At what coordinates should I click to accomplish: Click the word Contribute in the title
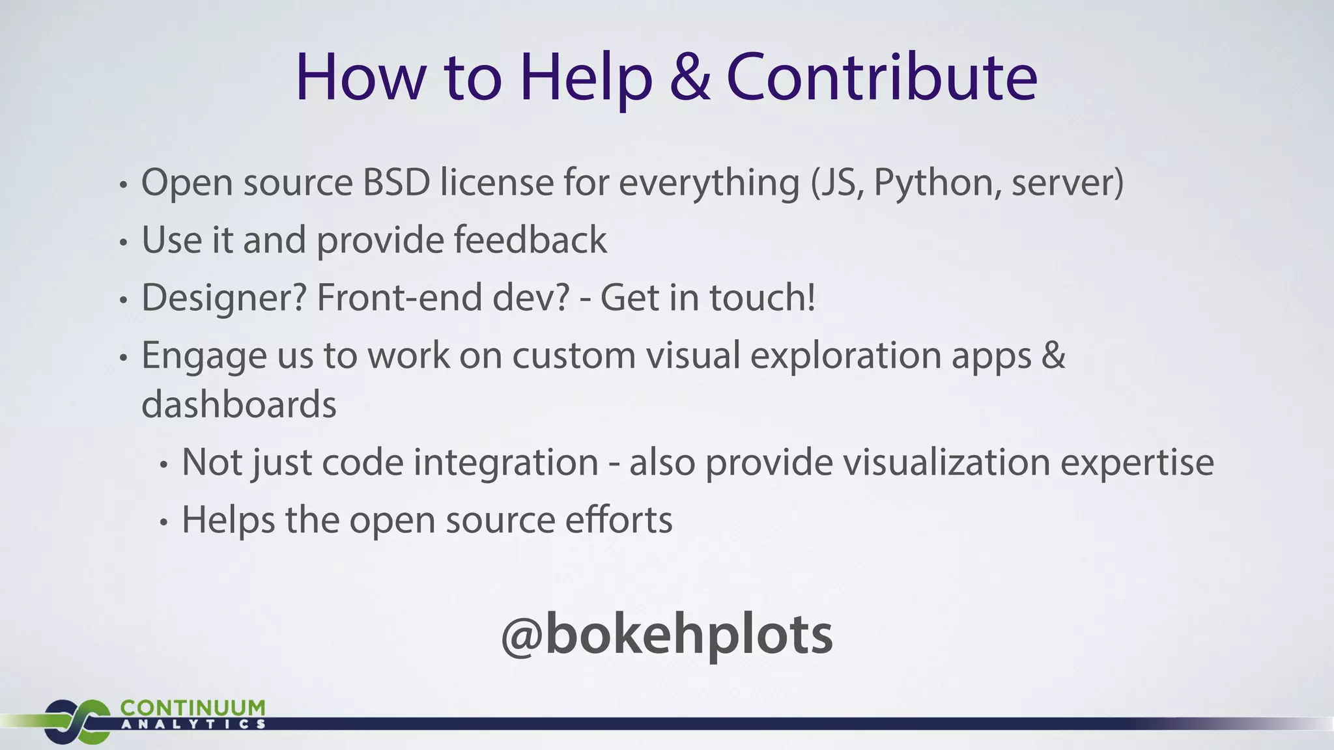point(881,78)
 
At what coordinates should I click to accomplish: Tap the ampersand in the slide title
point(689,78)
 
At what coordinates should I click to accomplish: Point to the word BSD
point(396,182)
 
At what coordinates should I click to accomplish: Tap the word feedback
point(530,240)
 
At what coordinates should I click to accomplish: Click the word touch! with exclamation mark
point(762,298)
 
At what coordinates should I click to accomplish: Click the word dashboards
point(239,404)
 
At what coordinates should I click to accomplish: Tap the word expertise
point(1137,464)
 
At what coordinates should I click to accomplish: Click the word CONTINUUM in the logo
point(193,708)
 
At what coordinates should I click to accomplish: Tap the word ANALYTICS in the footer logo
point(193,724)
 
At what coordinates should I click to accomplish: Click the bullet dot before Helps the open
point(164,523)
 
